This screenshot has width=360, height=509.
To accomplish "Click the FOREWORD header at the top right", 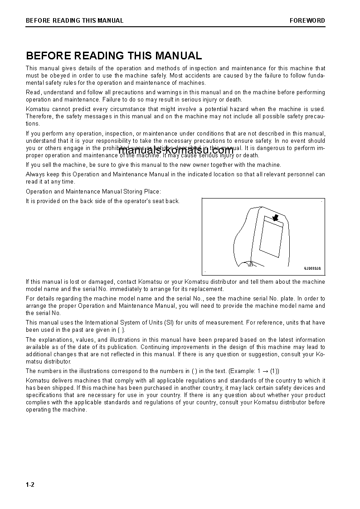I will (307, 20).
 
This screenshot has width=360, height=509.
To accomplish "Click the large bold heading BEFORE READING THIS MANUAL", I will (114, 56).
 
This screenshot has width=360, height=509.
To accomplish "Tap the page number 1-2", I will (30, 485).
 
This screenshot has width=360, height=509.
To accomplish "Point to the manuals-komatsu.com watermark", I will (176, 150).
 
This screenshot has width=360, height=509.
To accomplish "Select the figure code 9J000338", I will (312, 268).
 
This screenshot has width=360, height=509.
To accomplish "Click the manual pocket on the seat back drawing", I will (271, 236).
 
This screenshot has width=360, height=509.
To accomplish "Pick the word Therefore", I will (39, 116).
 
